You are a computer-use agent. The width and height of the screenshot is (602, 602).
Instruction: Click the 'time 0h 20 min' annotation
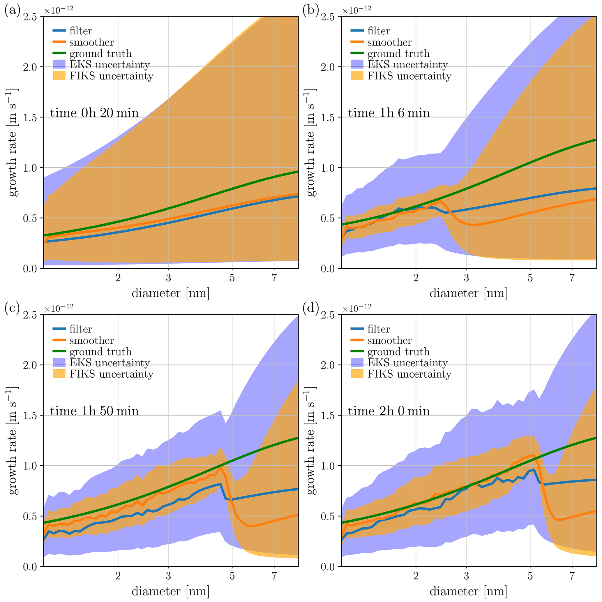(94, 112)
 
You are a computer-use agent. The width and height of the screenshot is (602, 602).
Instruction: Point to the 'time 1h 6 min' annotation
(389, 112)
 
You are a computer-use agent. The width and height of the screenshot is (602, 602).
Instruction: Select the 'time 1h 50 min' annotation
(94, 411)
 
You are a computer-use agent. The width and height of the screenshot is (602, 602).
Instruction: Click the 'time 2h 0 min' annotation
(389, 411)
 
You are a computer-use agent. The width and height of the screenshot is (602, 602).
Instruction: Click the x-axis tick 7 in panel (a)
(274, 278)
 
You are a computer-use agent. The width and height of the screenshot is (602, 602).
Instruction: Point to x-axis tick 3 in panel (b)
(467, 278)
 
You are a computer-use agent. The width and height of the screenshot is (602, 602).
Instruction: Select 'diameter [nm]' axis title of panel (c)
(170, 591)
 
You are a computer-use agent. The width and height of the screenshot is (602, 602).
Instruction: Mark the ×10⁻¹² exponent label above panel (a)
(59, 9)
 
